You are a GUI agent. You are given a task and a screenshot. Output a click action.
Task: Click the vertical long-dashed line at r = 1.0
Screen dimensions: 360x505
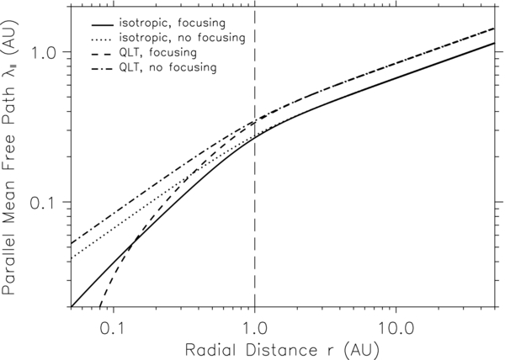254,168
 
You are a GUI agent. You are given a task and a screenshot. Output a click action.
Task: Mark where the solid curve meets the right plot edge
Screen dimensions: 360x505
493,44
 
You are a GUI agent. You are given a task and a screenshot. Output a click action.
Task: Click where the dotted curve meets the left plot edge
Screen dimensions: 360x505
71,257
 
